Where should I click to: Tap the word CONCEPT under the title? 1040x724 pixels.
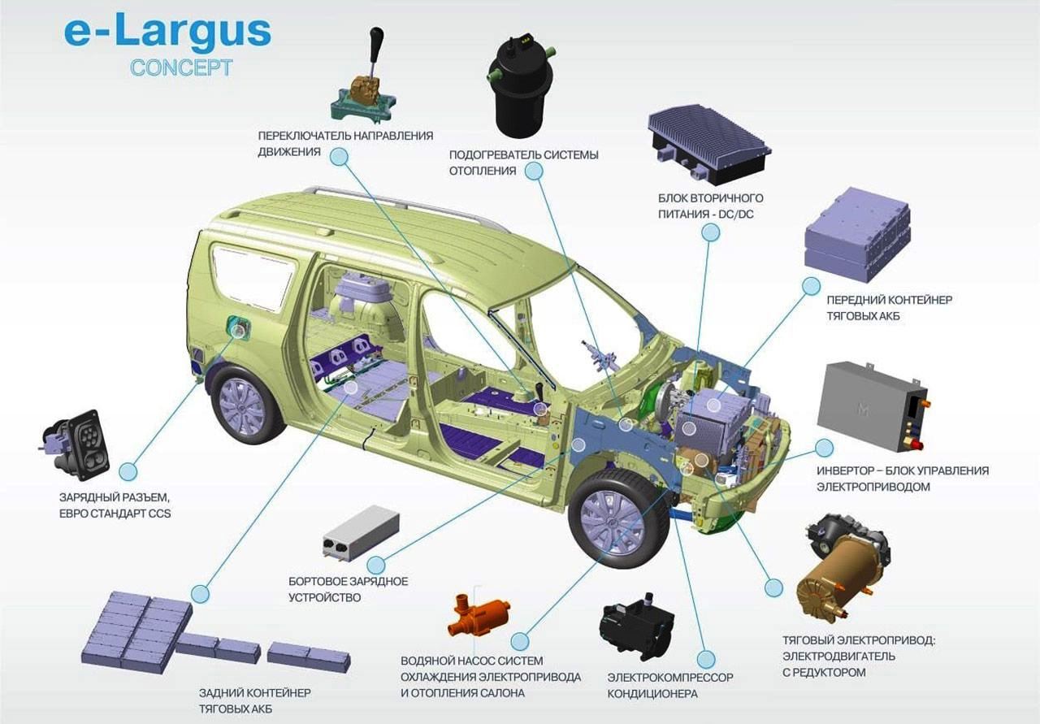(x=181, y=67)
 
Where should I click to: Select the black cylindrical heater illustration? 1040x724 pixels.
(x=522, y=85)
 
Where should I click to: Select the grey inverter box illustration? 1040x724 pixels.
(x=873, y=405)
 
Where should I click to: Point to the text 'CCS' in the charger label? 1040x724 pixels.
(x=160, y=514)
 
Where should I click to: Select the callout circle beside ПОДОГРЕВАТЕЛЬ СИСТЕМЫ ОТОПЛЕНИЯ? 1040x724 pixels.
(x=534, y=171)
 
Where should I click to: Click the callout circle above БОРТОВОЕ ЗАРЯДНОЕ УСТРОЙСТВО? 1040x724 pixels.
(x=376, y=566)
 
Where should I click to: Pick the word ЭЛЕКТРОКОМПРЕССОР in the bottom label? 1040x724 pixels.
(x=670, y=678)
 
